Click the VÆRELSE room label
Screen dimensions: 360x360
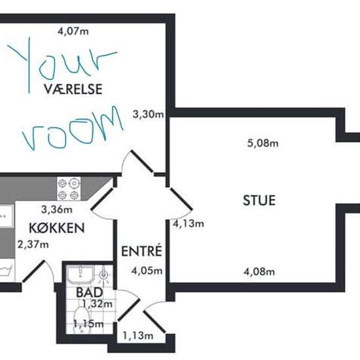[x=73, y=89]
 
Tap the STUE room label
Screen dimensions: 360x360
[x=259, y=200]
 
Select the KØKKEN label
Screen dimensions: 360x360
[x=57, y=228]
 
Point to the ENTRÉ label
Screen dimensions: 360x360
[x=141, y=251]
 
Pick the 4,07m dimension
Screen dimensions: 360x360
[x=73, y=31]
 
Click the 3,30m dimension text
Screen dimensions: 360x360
[x=148, y=114]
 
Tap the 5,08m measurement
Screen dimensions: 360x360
[x=263, y=143]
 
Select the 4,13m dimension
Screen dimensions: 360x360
[x=189, y=223]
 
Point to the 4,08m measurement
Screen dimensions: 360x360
[x=259, y=272]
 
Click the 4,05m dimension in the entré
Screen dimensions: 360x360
[x=147, y=271]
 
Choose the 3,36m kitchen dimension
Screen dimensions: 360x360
[x=57, y=209]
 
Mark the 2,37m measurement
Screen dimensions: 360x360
[x=33, y=245]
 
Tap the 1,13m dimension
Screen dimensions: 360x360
[x=138, y=336]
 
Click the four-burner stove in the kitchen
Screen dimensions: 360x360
[x=69, y=189]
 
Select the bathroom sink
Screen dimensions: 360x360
[x=81, y=275]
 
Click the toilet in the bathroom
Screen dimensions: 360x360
[x=81, y=320]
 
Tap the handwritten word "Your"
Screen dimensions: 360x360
[x=62, y=65]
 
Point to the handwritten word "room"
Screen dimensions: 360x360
[x=73, y=128]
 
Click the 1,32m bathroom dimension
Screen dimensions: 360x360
[x=98, y=304]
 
